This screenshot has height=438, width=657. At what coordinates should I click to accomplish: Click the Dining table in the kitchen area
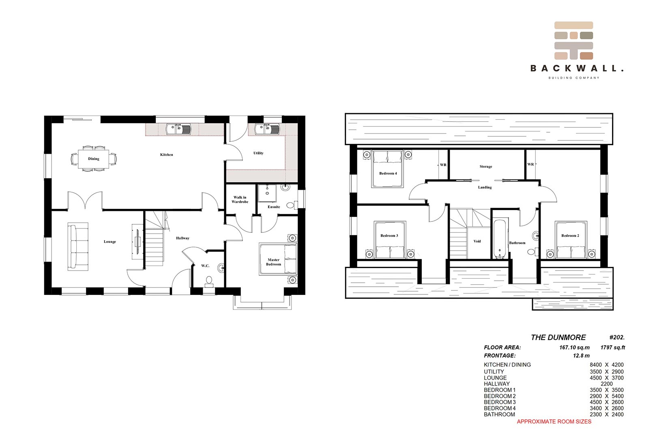pos(94,159)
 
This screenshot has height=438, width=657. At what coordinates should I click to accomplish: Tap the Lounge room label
pos(109,242)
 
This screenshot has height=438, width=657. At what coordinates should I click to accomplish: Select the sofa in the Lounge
pos(78,247)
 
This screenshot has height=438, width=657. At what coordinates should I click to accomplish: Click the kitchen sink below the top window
pos(178,129)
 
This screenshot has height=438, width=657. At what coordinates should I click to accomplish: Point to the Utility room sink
pos(267,129)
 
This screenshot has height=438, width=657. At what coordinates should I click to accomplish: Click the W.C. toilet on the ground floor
pos(209,281)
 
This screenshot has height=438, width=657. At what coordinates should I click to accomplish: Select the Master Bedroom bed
pos(278,259)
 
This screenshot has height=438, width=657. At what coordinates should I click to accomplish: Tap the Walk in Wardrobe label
pos(240,200)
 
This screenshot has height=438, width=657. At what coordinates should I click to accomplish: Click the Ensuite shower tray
pos(267,193)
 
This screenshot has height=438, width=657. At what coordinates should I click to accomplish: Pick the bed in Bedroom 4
pos(387,169)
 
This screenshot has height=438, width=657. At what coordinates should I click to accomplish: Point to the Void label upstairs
pos(477,241)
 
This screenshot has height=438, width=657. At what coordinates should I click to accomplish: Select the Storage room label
pos(486,166)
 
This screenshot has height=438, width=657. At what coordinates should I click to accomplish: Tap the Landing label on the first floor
pos(485,187)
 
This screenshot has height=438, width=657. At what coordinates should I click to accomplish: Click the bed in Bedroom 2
pos(571,240)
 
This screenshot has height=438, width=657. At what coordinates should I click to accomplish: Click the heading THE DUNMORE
pos(558,337)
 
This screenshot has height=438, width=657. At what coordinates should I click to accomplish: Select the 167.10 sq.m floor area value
pos(574,347)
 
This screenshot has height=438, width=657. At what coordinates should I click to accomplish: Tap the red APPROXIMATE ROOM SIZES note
pos(554,421)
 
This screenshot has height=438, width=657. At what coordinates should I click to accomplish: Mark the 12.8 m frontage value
pos(581,356)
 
